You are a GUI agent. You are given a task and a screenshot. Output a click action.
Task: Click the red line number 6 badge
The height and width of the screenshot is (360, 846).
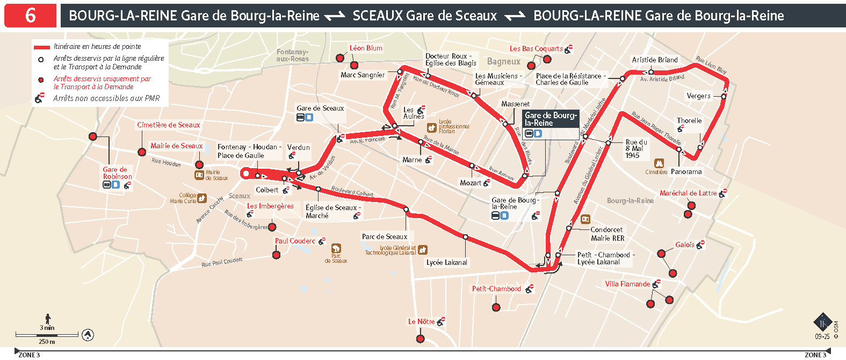pyautogui.click(x=31, y=16)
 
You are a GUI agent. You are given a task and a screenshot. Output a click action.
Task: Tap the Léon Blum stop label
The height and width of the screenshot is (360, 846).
pyautogui.click(x=366, y=48)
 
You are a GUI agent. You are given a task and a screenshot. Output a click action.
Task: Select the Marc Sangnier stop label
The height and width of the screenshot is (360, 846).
pyautogui.click(x=363, y=75)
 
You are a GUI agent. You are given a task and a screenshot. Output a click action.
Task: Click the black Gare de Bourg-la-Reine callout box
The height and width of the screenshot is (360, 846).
pyautogui.click(x=551, y=119)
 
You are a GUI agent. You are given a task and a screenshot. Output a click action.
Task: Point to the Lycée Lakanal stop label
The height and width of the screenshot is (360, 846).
pyautogui.click(x=447, y=262)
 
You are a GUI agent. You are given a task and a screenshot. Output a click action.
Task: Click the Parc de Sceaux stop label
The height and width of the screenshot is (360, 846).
pyautogui.click(x=385, y=236)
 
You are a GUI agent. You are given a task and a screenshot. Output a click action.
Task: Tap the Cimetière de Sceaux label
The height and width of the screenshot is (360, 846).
pyautogui.click(x=168, y=125)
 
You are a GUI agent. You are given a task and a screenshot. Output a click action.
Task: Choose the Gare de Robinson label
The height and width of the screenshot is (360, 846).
pyautogui.click(x=118, y=173)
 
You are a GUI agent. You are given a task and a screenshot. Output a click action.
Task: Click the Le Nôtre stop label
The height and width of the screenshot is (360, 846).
pyautogui.click(x=421, y=321)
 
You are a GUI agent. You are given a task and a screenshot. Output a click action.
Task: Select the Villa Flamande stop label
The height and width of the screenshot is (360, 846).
pyautogui.click(x=627, y=284)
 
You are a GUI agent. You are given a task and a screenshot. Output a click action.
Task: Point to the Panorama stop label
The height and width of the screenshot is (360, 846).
pyautogui.click(x=686, y=172)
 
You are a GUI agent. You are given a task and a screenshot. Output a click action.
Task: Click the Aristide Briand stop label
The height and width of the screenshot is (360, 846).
pyautogui.click(x=655, y=60)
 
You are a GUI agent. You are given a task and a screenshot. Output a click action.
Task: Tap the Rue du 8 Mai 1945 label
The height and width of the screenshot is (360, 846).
pyautogui.click(x=636, y=149)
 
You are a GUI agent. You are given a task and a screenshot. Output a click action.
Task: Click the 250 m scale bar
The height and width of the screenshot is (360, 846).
pyautogui.click(x=47, y=335)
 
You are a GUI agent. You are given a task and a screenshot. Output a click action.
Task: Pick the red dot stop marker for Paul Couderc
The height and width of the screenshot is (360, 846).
pyautogui.click(x=276, y=255)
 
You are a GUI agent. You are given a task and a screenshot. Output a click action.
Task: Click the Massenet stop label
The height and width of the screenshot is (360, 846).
pyautogui.click(x=515, y=104)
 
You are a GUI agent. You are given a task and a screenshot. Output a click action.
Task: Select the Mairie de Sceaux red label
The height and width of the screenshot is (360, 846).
pyautogui.click(x=176, y=146)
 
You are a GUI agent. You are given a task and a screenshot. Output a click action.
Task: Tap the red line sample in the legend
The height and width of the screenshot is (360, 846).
pyautogui.click(x=41, y=47)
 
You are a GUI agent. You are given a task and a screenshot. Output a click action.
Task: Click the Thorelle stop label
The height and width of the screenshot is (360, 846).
pyautogui.click(x=689, y=120)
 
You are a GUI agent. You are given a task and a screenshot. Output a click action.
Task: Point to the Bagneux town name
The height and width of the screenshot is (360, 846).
pyautogui.click(x=503, y=62)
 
